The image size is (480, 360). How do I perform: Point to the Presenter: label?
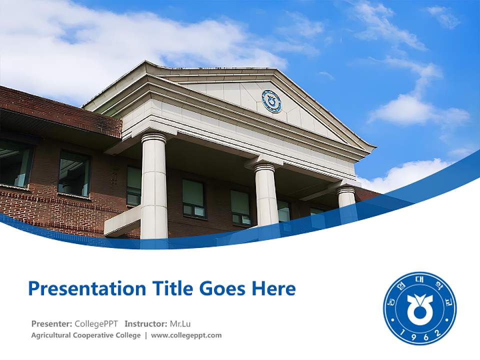(x=51, y=323)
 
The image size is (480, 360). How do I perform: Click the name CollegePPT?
(x=96, y=323)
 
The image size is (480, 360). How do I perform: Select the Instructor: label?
(x=145, y=323)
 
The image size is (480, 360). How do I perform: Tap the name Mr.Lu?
(x=180, y=323)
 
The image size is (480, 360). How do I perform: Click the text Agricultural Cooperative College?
(x=86, y=335)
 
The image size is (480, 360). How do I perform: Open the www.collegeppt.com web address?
(x=186, y=335)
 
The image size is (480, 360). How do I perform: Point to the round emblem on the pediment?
(x=271, y=101)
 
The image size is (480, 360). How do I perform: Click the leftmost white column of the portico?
(x=153, y=190)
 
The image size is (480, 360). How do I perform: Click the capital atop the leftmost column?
(x=153, y=137)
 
